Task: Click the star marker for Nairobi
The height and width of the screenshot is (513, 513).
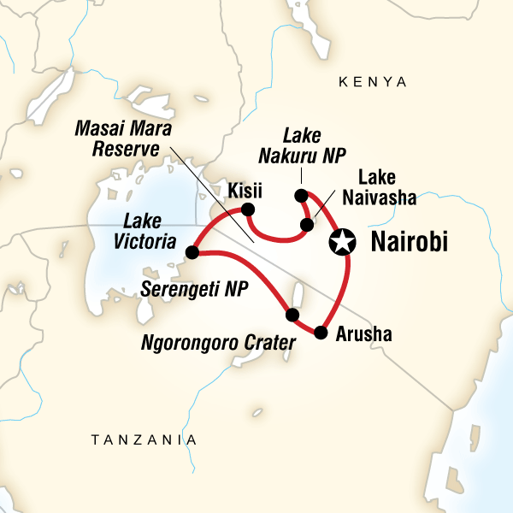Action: coord(342,243)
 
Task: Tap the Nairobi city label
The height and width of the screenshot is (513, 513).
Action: coord(410,244)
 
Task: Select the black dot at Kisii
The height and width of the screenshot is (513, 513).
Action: coord(248,209)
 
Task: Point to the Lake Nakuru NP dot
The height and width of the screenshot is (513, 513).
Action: coord(301,196)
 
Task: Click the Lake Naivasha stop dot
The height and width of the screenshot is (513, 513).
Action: coord(306,226)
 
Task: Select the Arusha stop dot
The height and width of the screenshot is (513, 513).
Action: coord(321,332)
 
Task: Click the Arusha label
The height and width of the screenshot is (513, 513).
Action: coord(363,334)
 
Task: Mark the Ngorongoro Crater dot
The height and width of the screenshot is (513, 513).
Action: coord(292,315)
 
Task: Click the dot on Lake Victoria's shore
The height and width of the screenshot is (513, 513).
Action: coord(192,252)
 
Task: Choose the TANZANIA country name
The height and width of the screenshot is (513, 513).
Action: coord(144,439)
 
